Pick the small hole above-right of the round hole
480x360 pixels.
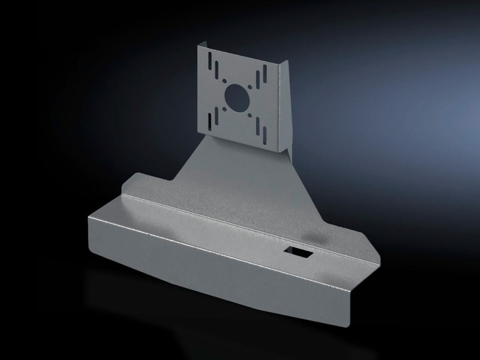[250, 86]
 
